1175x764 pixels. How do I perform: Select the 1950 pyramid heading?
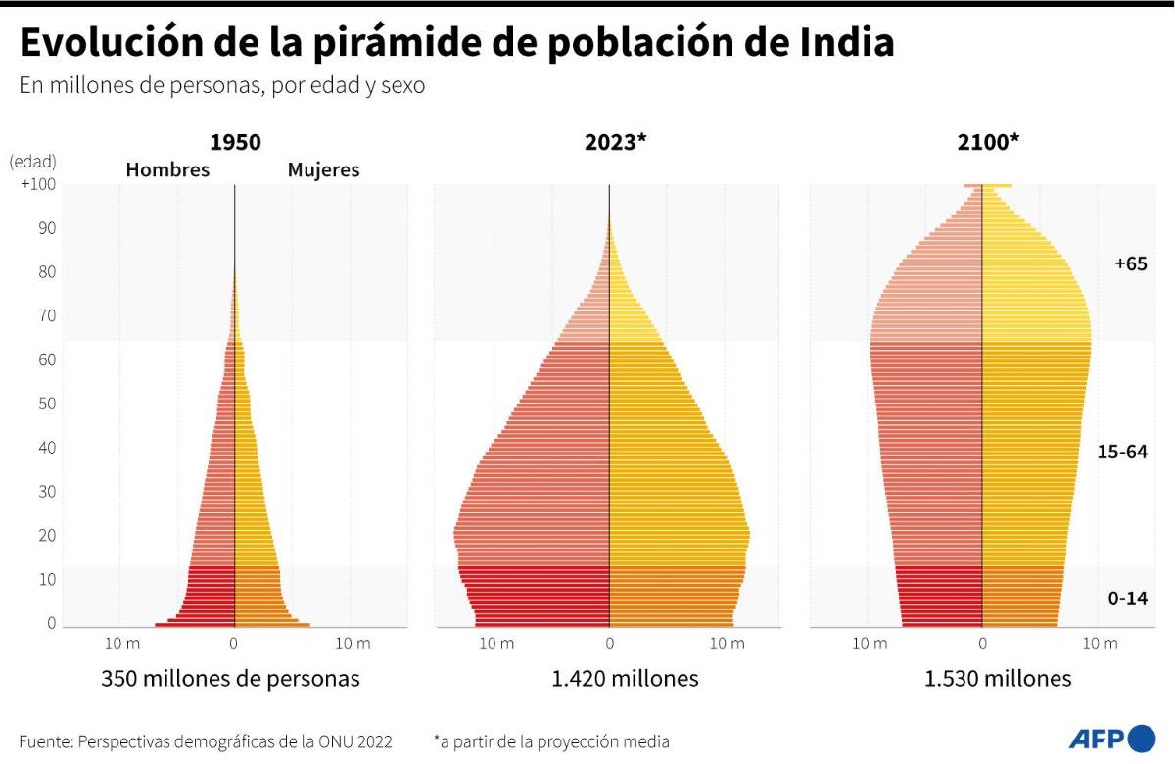click(235, 142)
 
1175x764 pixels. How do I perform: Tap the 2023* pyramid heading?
click(615, 142)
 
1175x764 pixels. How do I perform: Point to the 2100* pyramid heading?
click(988, 142)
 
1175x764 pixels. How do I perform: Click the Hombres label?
click(167, 169)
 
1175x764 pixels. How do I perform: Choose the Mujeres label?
click(323, 169)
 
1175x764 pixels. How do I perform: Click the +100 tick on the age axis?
click(37, 184)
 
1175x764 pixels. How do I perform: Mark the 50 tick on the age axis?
click(46, 404)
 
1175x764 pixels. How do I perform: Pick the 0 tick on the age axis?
click(51, 623)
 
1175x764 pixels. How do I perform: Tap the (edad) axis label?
click(33, 161)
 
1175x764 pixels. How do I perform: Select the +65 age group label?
click(1130, 263)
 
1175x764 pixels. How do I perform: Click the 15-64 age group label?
click(1122, 452)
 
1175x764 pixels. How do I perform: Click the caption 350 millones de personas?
click(230, 678)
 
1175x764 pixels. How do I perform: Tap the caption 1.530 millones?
click(998, 678)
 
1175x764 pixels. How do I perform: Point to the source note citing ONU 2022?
click(205, 741)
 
